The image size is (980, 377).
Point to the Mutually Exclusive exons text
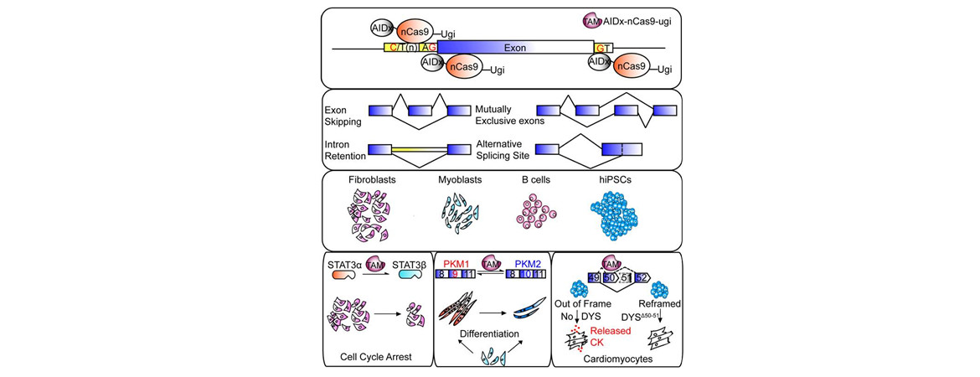(499, 116)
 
